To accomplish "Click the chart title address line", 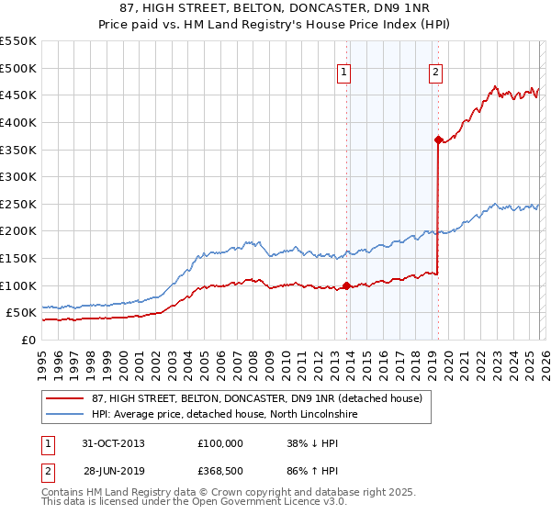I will tap(275, 7).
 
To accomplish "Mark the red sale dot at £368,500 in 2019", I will tap(438, 140).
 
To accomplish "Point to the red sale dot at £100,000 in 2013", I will tap(346, 285).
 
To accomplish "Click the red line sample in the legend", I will tap(64, 398).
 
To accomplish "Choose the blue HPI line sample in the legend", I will tap(64, 416).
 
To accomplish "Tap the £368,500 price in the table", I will tap(220, 471).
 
